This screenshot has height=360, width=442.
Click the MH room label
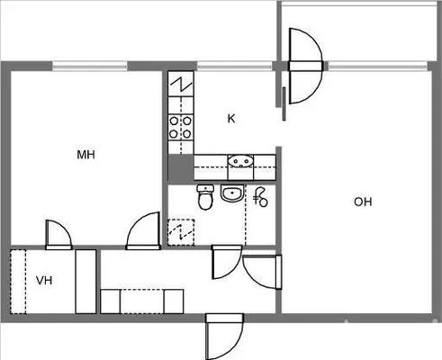coord(86,155)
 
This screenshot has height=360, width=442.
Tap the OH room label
coord(363,202)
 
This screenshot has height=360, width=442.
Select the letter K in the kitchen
coord(231,119)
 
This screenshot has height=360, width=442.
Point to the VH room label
coord(44,281)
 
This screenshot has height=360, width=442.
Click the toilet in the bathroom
coord(205,197)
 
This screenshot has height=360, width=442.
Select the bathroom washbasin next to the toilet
coord(232,193)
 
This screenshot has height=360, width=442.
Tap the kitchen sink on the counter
coord(240,161)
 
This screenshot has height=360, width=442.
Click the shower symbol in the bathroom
coord(260,197)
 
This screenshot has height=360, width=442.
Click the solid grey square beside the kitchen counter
coord(181,168)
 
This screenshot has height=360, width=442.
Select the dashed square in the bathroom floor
coord(181,232)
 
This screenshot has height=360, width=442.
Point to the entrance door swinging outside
coord(224,336)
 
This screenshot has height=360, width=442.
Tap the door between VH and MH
coord(59,235)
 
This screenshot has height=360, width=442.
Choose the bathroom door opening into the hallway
coord(227,262)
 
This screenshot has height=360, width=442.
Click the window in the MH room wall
coord(90,66)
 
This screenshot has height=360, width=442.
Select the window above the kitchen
coord(234,66)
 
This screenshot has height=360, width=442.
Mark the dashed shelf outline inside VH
coord(18,282)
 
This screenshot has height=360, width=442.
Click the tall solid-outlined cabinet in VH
coord(86,282)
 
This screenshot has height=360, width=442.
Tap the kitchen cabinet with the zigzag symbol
coord(181,84)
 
